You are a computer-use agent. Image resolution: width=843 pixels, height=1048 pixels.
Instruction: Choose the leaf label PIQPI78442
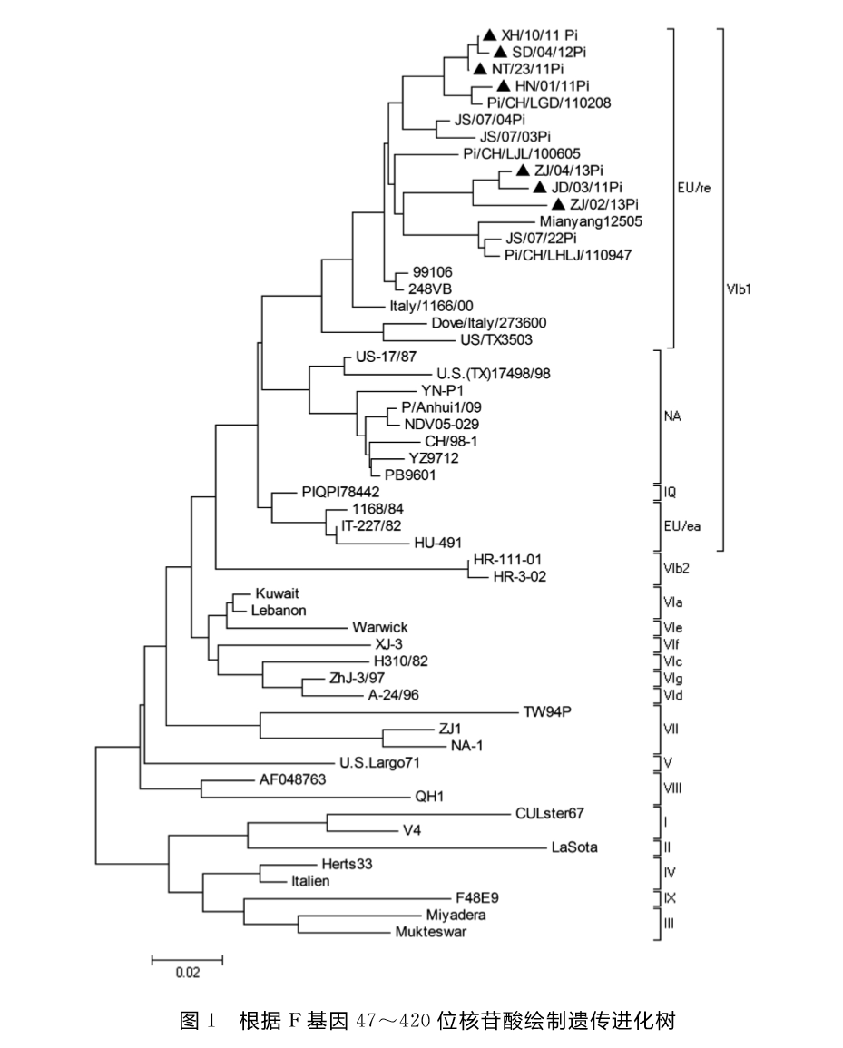348,492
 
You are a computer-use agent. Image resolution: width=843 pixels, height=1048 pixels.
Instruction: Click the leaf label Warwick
380,627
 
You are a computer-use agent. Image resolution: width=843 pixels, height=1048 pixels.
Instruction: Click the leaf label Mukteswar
430,932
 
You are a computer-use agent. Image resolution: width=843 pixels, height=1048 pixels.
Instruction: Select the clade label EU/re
693,189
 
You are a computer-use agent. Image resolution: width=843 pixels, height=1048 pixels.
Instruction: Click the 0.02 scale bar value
187,973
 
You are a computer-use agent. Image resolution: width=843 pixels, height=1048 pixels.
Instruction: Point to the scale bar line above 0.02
187,958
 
